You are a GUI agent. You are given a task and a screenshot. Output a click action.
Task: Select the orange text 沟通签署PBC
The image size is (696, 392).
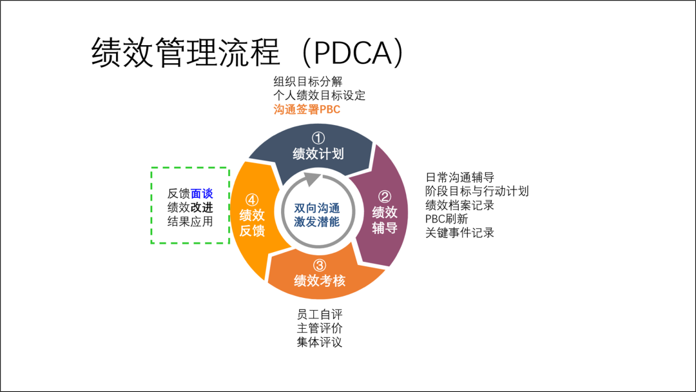306,110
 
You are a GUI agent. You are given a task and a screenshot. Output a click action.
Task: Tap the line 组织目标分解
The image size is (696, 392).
307,81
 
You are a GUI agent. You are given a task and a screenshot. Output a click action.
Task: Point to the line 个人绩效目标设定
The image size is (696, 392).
319,95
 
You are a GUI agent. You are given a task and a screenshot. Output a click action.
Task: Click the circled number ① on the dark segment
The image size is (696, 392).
318,138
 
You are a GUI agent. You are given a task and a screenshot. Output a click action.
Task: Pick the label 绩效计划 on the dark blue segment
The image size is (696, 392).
318,154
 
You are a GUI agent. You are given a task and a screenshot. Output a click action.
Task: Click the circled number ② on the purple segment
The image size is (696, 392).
385,196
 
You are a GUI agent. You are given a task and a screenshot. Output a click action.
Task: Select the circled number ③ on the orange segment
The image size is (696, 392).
320,265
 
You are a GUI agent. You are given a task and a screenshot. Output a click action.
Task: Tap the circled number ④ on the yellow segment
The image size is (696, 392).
252,199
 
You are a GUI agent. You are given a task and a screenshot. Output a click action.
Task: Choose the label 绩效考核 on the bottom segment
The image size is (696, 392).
320,280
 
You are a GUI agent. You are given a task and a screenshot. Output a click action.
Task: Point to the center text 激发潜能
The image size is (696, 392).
316,222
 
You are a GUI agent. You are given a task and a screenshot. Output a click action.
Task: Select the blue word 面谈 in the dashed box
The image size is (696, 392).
202,193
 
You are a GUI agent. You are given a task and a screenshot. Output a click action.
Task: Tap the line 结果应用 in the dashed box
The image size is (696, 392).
190,221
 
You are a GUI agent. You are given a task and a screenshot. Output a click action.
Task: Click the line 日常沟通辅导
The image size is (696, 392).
459,177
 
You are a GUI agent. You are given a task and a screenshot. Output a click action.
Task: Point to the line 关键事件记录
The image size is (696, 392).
459,233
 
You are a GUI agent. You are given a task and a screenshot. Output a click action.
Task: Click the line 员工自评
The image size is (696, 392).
319,315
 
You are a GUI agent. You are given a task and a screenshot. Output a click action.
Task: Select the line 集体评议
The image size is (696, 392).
319,342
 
